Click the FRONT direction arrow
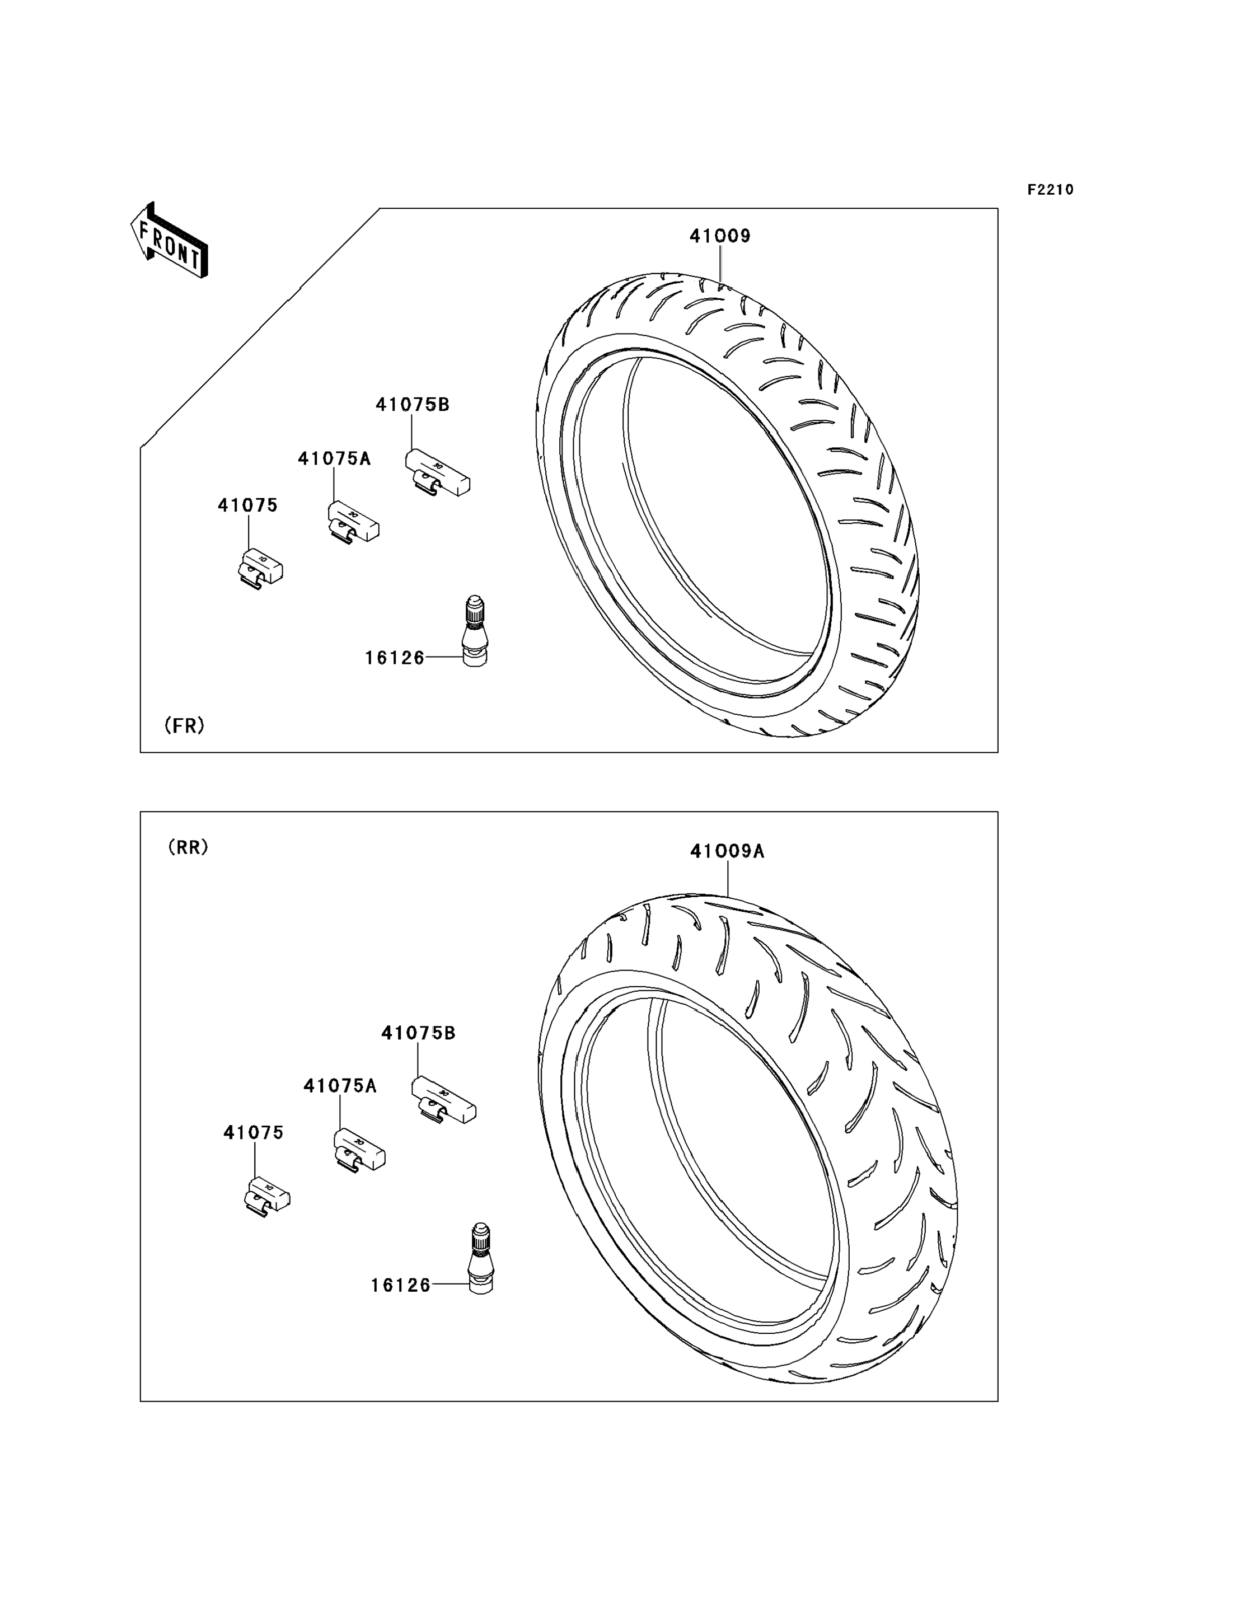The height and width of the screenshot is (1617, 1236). (x=169, y=241)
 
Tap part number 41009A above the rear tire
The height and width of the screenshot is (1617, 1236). (x=727, y=851)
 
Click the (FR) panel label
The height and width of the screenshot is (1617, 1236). (x=184, y=725)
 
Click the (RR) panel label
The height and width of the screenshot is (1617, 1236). (x=188, y=847)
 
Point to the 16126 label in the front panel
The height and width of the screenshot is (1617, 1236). (x=395, y=658)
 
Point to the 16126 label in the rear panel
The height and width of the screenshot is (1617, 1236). (x=400, y=1285)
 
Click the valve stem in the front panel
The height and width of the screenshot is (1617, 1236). (x=475, y=632)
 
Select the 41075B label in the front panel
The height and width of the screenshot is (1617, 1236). (x=412, y=405)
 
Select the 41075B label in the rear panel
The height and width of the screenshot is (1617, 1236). (x=418, y=1033)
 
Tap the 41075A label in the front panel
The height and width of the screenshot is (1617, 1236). (x=334, y=459)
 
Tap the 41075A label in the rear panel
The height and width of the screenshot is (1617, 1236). (x=340, y=1086)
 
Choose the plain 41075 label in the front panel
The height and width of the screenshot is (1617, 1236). (x=247, y=505)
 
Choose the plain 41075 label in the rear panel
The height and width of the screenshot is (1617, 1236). (x=253, y=1133)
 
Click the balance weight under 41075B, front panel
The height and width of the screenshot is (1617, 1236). (x=437, y=473)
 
